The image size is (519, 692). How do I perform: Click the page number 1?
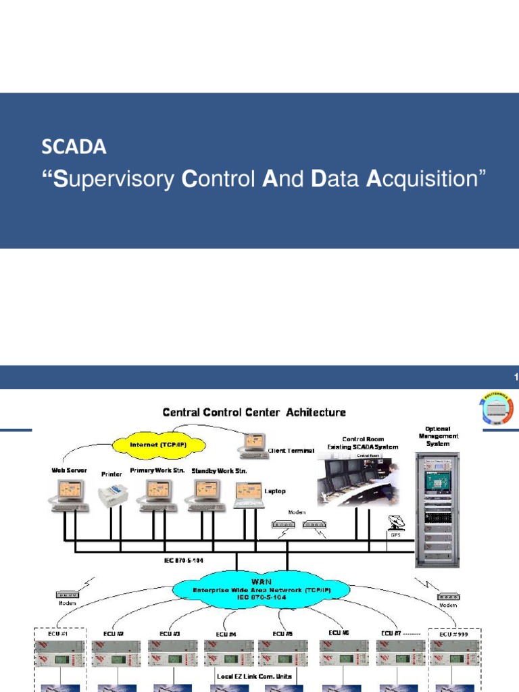[x=516, y=377]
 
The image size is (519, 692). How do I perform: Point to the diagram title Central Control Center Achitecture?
[x=253, y=412]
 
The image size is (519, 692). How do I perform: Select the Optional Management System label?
[x=437, y=437]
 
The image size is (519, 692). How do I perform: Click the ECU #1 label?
[x=47, y=633]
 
